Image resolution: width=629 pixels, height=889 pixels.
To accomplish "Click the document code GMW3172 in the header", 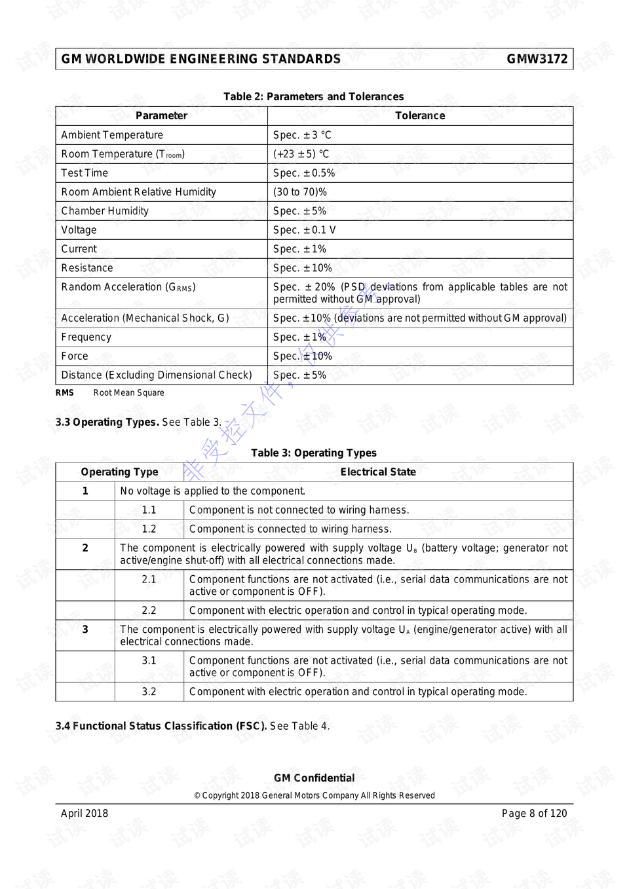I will [x=537, y=59].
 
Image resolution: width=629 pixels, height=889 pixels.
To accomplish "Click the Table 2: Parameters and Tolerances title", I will [x=313, y=96].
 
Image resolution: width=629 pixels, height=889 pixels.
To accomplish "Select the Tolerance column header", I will [x=419, y=116].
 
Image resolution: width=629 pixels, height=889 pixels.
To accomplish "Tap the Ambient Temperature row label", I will [x=112, y=135].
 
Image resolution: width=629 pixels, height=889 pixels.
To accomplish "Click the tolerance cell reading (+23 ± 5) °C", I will [x=301, y=154].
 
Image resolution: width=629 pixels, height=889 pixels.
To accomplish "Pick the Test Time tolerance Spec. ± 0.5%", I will [x=303, y=173].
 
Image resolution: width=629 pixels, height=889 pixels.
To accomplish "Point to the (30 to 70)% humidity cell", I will [x=299, y=192].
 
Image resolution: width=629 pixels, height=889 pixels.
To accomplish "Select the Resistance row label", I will [x=87, y=268].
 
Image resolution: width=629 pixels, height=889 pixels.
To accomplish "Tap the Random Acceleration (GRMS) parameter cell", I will [x=128, y=287].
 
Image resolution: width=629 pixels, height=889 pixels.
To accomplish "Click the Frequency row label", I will [x=86, y=337].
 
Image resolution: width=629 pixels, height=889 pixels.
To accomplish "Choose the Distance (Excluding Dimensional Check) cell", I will [x=156, y=375].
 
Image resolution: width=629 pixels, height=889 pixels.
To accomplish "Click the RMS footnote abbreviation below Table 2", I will [x=65, y=393].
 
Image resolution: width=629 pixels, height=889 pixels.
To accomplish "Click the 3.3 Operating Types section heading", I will [x=107, y=422].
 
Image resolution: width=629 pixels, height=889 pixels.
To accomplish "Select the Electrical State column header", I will [x=377, y=472].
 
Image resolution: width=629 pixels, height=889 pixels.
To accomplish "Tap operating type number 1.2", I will [x=149, y=529].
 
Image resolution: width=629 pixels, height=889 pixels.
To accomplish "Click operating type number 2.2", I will [x=149, y=610].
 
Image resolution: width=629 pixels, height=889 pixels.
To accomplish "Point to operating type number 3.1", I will [x=149, y=660].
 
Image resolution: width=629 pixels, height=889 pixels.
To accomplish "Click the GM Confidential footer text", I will [x=314, y=778].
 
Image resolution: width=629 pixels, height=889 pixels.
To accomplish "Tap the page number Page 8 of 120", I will [x=534, y=813].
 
